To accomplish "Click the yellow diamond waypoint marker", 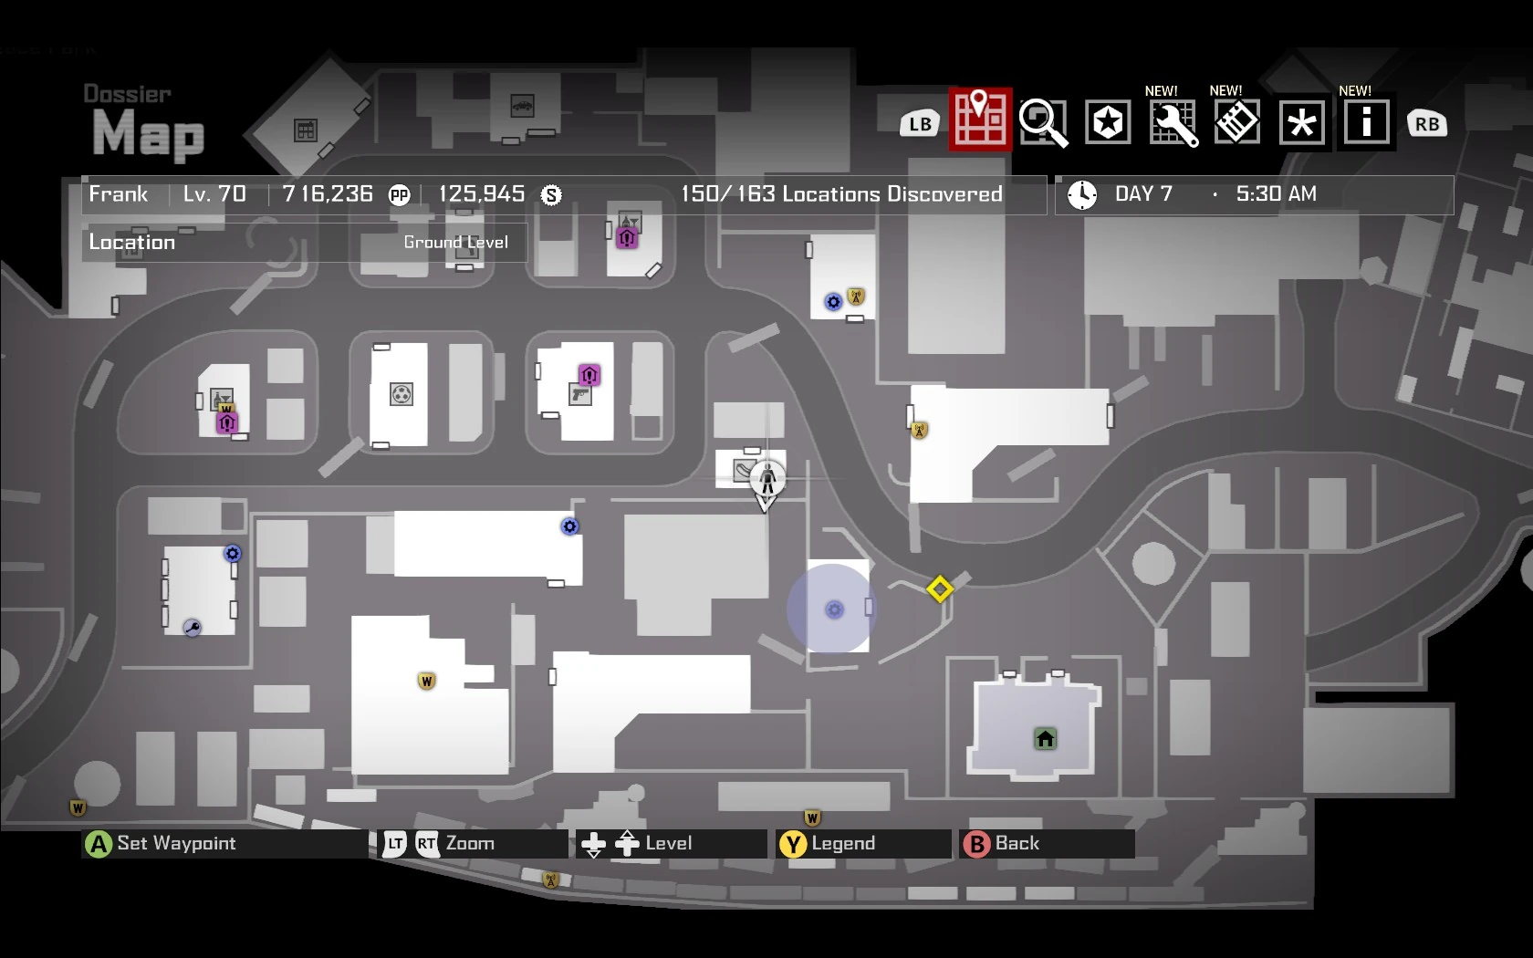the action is click(939, 588).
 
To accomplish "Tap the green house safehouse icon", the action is click(1045, 738).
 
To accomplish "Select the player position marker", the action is click(766, 478).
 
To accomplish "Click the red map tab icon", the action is click(980, 120).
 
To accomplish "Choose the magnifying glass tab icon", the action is click(1043, 122).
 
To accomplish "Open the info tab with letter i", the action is click(1366, 122).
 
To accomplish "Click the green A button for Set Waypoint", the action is click(98, 844).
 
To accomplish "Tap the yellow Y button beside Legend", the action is click(793, 844).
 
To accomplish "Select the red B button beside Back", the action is click(976, 844).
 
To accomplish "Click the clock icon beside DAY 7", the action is click(1082, 194).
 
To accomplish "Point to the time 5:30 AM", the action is click(1276, 194).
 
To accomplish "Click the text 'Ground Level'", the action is click(455, 243).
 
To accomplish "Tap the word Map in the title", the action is click(148, 134).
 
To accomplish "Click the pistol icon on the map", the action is click(579, 395).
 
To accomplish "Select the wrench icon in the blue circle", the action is click(192, 627).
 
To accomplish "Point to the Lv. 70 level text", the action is click(214, 194).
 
